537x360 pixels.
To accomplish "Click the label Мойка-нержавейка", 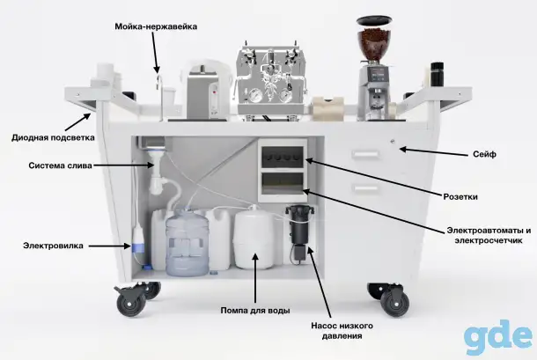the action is point(156,26).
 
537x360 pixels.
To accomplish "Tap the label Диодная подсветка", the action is point(53,137).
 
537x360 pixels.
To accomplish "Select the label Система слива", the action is point(60,165).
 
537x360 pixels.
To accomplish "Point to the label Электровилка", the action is point(53,246).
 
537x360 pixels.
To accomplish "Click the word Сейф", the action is point(484,155).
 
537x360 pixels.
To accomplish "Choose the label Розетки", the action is point(460,196).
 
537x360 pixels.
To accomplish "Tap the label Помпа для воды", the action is point(255,311).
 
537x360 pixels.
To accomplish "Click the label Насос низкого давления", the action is point(342,331).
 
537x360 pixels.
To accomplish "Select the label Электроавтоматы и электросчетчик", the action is point(489,235).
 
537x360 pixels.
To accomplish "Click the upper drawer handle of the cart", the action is point(365,155).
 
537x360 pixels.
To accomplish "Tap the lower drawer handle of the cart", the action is point(365,188).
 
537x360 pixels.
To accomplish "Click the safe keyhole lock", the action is point(393,142).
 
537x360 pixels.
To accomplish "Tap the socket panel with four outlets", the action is point(283,158).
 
